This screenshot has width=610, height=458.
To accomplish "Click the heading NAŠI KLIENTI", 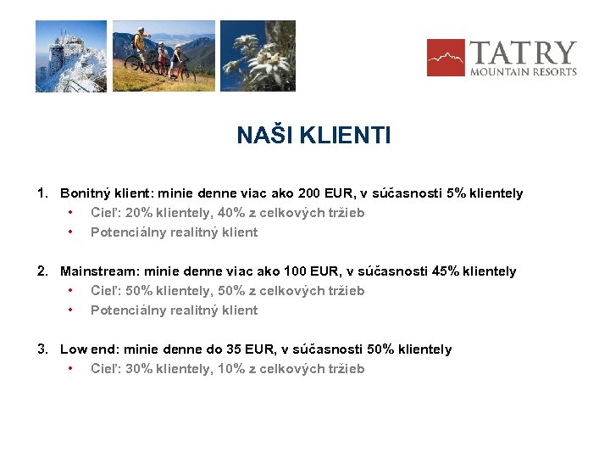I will [313, 136].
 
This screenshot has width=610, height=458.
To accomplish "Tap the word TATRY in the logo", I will [523, 53].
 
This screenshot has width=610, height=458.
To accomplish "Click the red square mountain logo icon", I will [445, 58].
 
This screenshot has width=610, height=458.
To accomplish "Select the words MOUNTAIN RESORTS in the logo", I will [524, 72].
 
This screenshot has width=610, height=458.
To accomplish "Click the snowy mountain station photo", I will [71, 56].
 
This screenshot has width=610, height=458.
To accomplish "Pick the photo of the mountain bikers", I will [164, 56].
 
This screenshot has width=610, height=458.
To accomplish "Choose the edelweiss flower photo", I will [258, 56].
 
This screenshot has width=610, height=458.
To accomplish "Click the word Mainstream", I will [99, 271].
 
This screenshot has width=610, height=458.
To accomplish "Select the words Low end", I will [86, 349].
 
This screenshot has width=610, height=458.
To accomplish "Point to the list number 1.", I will [42, 193].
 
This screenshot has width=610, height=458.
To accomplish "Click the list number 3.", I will [42, 349].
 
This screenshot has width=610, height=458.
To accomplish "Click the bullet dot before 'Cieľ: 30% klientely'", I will [71, 369].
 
